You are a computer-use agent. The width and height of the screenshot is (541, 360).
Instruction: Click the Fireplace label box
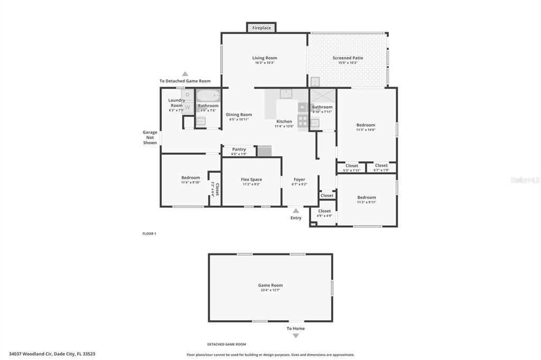[262, 27]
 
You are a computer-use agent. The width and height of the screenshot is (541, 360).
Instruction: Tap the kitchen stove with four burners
[303, 120]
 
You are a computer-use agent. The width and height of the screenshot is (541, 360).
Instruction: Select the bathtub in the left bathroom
[208, 97]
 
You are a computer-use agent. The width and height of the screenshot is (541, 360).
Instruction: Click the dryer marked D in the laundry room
[188, 95]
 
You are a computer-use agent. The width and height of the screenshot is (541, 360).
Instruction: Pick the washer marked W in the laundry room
[188, 107]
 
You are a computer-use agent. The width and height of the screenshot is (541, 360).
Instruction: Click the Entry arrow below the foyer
[296, 211]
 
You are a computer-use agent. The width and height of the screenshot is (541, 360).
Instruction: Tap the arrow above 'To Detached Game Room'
[185, 74]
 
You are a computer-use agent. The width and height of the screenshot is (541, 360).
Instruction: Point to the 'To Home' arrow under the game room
[296, 336]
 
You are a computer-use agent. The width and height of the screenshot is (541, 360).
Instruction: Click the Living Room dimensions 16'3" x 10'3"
[265, 63]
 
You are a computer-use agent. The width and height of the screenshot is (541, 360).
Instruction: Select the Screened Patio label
[348, 58]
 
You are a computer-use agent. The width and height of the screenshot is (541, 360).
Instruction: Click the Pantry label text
[239, 149]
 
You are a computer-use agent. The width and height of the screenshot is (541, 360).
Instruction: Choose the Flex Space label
[251, 179]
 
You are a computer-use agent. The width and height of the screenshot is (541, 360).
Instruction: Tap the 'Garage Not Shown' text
[150, 137]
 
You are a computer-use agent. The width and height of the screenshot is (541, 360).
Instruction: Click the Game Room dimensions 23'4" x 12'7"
[270, 290]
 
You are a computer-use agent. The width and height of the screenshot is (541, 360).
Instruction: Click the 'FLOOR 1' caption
[150, 233]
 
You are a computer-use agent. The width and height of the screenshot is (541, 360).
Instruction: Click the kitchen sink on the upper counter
[286, 94]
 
